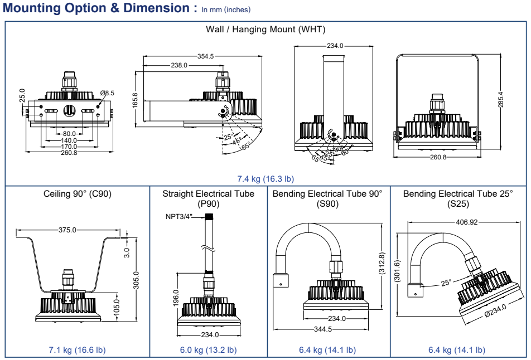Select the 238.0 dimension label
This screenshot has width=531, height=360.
[x=179, y=65]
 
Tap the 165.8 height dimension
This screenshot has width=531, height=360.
[x=135, y=100]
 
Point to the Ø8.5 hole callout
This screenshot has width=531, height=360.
[x=107, y=93]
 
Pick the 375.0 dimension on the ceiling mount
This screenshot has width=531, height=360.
[x=67, y=230]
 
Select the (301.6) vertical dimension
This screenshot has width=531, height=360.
[x=397, y=271]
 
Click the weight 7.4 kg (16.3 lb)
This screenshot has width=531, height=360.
[x=265, y=178]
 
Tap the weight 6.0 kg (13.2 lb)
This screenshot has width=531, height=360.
[x=208, y=350]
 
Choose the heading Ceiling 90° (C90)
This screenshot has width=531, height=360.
[x=78, y=194]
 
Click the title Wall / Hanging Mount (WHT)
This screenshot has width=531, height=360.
[x=265, y=29]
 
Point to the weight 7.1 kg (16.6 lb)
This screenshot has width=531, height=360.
[x=78, y=350]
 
